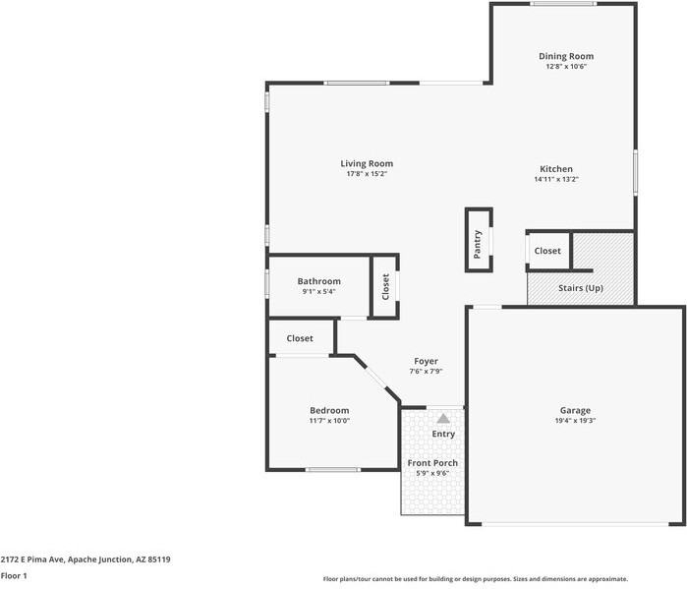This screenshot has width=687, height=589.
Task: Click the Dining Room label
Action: tap(566, 56)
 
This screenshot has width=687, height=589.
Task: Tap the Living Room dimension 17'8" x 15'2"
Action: tap(367, 173)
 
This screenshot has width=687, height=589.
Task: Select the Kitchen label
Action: tap(556, 169)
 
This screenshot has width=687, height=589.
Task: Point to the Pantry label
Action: tap(477, 244)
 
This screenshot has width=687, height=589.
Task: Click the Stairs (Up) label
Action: tap(581, 288)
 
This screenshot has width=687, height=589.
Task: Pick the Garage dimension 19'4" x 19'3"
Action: tap(575, 420)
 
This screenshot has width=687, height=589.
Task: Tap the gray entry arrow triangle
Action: tap(443, 418)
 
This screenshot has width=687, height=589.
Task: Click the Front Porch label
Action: tap(432, 463)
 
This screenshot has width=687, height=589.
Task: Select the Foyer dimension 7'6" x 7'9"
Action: tap(426, 371)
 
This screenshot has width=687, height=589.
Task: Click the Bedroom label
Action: tap(329, 410)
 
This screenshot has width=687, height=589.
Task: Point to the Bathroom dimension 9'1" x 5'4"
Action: tap(319, 291)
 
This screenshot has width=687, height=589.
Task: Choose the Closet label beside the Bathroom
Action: tap(385, 286)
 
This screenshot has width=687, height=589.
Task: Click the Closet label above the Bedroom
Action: tap(300, 338)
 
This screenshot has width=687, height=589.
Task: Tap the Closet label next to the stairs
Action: tap(547, 251)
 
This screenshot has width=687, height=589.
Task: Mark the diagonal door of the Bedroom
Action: tap(375, 378)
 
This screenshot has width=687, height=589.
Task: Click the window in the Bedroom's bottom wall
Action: tap(333, 470)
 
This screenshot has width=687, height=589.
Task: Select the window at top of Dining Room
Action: tap(562, 4)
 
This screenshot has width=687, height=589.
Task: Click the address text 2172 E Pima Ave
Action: tap(32, 560)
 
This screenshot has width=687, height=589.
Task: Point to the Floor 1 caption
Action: tap(14, 575)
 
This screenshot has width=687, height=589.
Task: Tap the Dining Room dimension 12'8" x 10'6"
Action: tap(566, 67)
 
